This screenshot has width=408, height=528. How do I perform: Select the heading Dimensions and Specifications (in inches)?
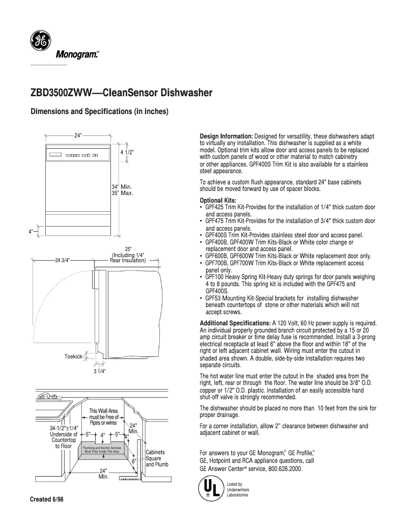pos(100,112)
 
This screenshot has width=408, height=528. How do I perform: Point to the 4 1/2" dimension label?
pos(127,152)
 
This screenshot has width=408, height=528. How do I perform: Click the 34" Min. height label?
pos(122,187)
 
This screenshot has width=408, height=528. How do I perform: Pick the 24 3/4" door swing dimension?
pos(62,260)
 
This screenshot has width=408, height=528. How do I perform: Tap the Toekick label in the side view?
pos(73,356)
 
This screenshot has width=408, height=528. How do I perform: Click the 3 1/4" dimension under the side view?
pos(100,371)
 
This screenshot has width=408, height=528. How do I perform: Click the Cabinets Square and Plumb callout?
pos(155,458)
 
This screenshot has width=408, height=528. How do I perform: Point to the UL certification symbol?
pos(209,488)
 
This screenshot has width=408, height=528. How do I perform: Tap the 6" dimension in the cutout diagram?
pos(134,461)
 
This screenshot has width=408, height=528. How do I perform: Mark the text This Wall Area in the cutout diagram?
pos(103,411)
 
